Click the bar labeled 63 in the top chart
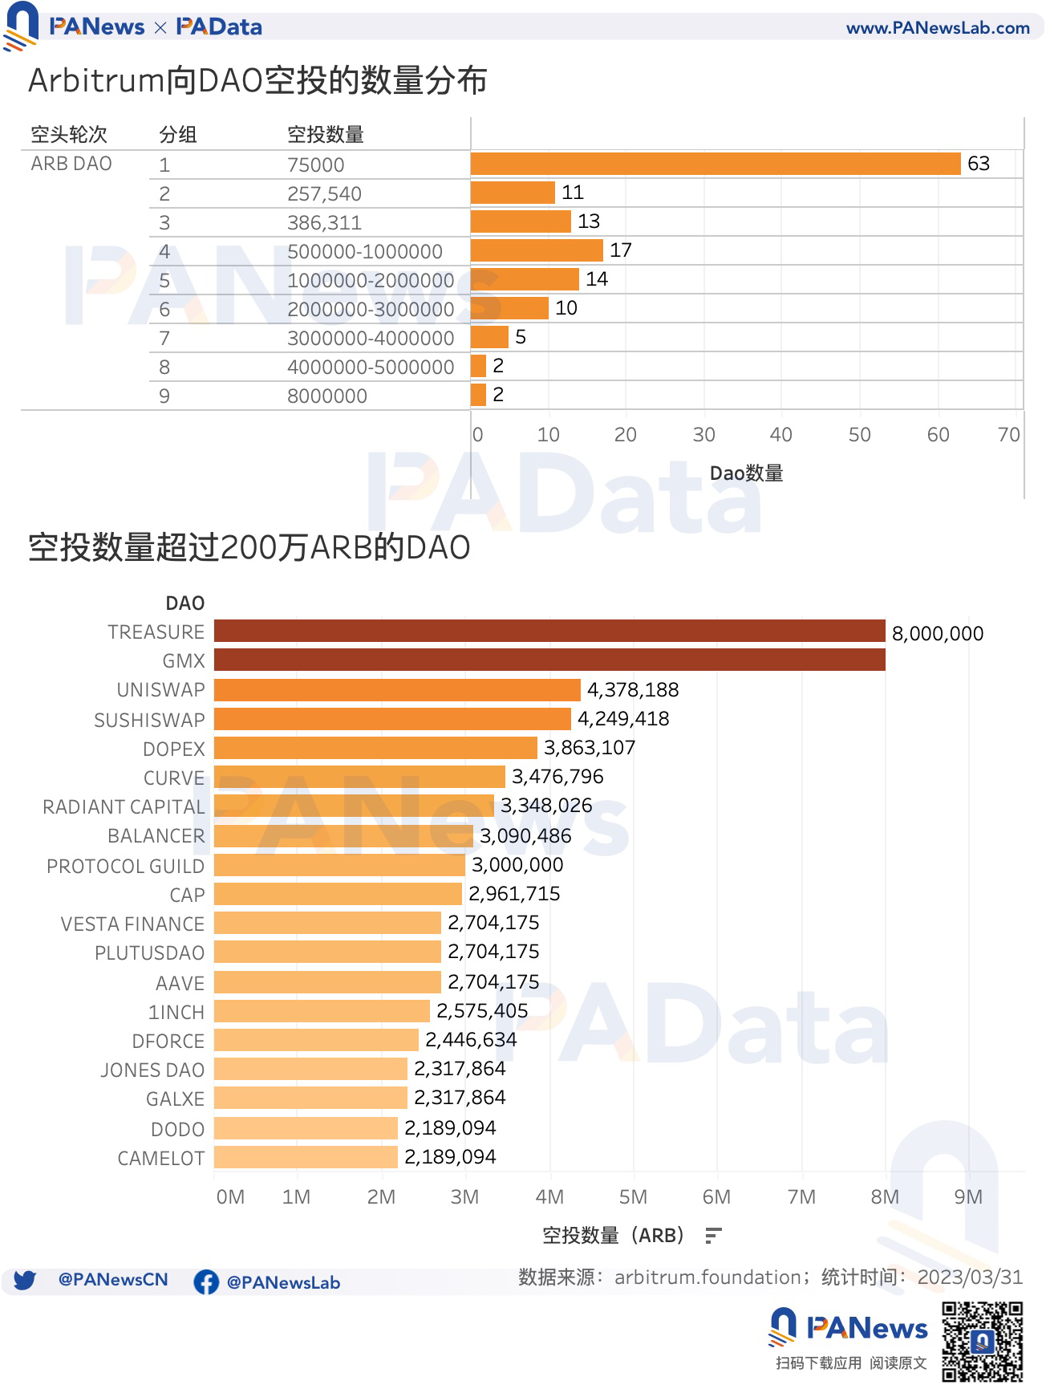(715, 164)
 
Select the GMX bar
(549, 660)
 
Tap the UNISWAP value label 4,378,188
(633, 690)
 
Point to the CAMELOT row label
(161, 1158)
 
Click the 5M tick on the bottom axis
(633, 1197)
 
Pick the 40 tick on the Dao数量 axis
(780, 435)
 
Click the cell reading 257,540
(324, 193)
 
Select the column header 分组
(178, 134)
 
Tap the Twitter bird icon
(24, 1280)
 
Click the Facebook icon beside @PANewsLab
(206, 1281)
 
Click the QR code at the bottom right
(982, 1342)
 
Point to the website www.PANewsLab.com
(938, 28)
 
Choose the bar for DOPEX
(375, 748)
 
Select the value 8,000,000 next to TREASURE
(937, 634)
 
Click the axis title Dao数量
(746, 473)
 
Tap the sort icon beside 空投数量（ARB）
(713, 1236)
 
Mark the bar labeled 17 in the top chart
(536, 250)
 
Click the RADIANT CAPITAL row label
(124, 806)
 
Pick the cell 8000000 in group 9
(327, 396)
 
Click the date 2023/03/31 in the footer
(970, 1277)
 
